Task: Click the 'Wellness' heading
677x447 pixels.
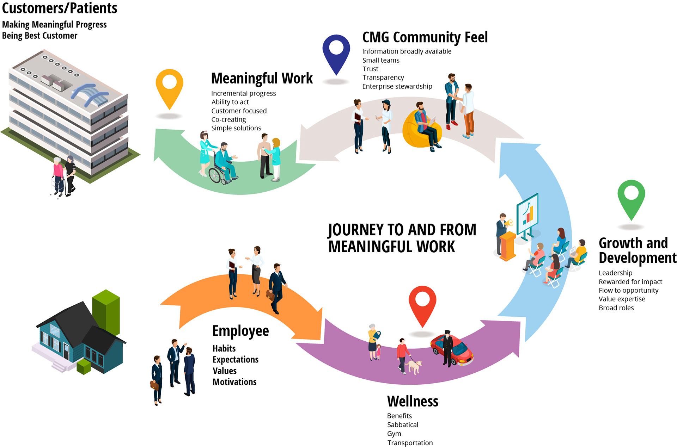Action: pos(413,402)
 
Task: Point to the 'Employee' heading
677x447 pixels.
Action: pos(240,331)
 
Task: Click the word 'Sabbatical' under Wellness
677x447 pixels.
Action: pos(403,425)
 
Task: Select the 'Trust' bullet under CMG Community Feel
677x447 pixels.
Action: pos(370,69)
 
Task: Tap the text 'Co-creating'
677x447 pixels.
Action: pos(228,120)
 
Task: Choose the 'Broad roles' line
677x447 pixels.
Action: pos(616,308)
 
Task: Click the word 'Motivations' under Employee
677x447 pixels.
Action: pos(234,382)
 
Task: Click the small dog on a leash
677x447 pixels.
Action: pos(414,366)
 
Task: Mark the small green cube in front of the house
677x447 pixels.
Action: pos(84,367)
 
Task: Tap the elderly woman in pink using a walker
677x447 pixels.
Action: pos(58,174)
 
